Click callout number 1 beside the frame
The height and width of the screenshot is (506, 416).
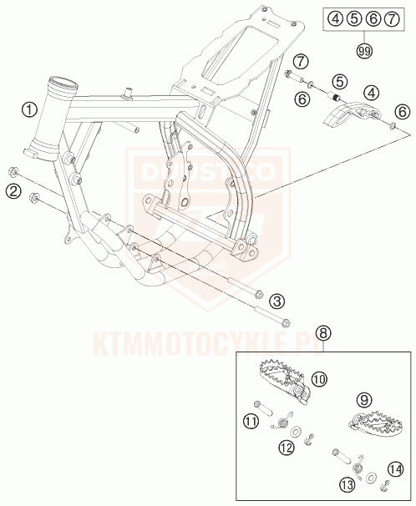click(x=29, y=109)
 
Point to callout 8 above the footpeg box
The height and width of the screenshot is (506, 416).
click(x=322, y=333)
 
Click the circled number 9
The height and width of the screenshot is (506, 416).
click(x=363, y=400)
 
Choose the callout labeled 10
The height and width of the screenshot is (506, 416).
click(x=318, y=380)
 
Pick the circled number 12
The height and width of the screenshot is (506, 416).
click(x=287, y=448)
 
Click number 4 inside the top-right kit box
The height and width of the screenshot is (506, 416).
click(x=334, y=17)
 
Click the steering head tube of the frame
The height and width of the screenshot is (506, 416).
click(x=52, y=117)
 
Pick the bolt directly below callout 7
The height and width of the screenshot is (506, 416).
click(x=291, y=78)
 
